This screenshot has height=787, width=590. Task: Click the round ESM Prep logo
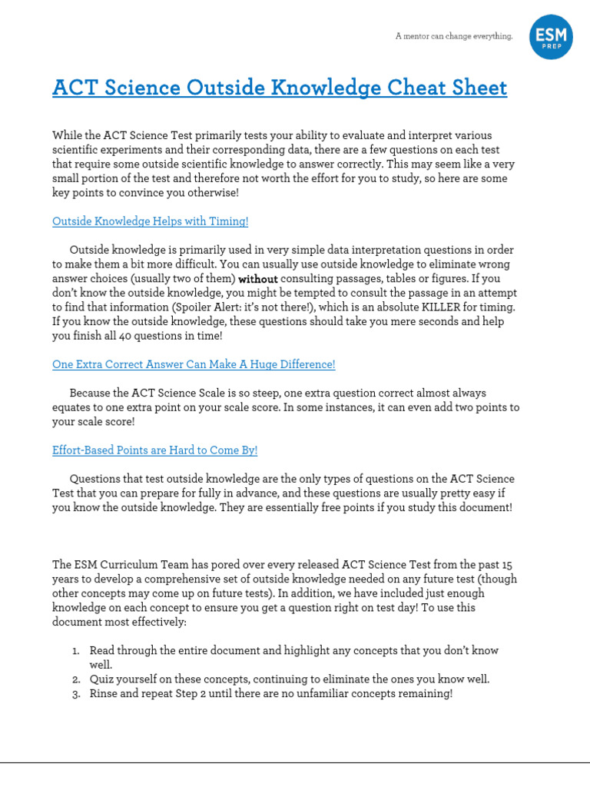551,36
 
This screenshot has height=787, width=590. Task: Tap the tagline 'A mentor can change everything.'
453,36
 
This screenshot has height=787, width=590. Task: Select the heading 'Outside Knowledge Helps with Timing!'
150,221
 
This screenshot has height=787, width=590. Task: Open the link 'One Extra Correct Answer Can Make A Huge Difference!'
194,364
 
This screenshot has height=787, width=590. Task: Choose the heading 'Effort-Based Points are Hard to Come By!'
154,450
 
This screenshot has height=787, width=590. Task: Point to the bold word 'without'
258,279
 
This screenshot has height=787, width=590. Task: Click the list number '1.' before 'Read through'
77,650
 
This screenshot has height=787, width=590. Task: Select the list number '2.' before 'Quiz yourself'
77,679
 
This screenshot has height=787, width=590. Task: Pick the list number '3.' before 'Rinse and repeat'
77,693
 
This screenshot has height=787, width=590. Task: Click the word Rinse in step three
104,693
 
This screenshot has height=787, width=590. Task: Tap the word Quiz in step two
102,679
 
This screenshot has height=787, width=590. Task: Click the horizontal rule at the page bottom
295,762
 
